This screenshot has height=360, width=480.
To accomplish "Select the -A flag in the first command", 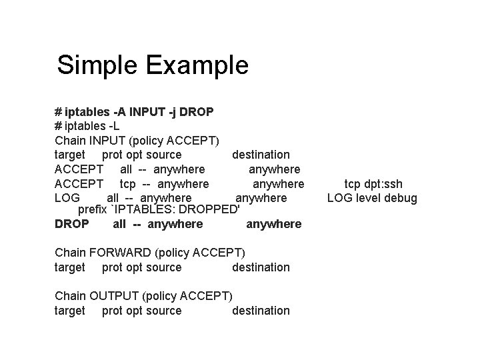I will [x=121, y=111].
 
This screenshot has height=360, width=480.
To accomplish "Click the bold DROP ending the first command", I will [x=197, y=111].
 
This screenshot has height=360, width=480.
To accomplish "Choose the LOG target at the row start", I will [x=67, y=198].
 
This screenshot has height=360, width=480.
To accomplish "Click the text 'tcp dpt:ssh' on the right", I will [x=373, y=183].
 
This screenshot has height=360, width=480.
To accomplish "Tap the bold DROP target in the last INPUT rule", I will [x=71, y=224].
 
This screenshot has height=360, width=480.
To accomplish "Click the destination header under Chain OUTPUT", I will [x=261, y=311].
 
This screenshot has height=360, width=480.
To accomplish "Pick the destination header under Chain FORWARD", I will [x=261, y=267].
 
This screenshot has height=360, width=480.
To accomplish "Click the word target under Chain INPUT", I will [x=69, y=155].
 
